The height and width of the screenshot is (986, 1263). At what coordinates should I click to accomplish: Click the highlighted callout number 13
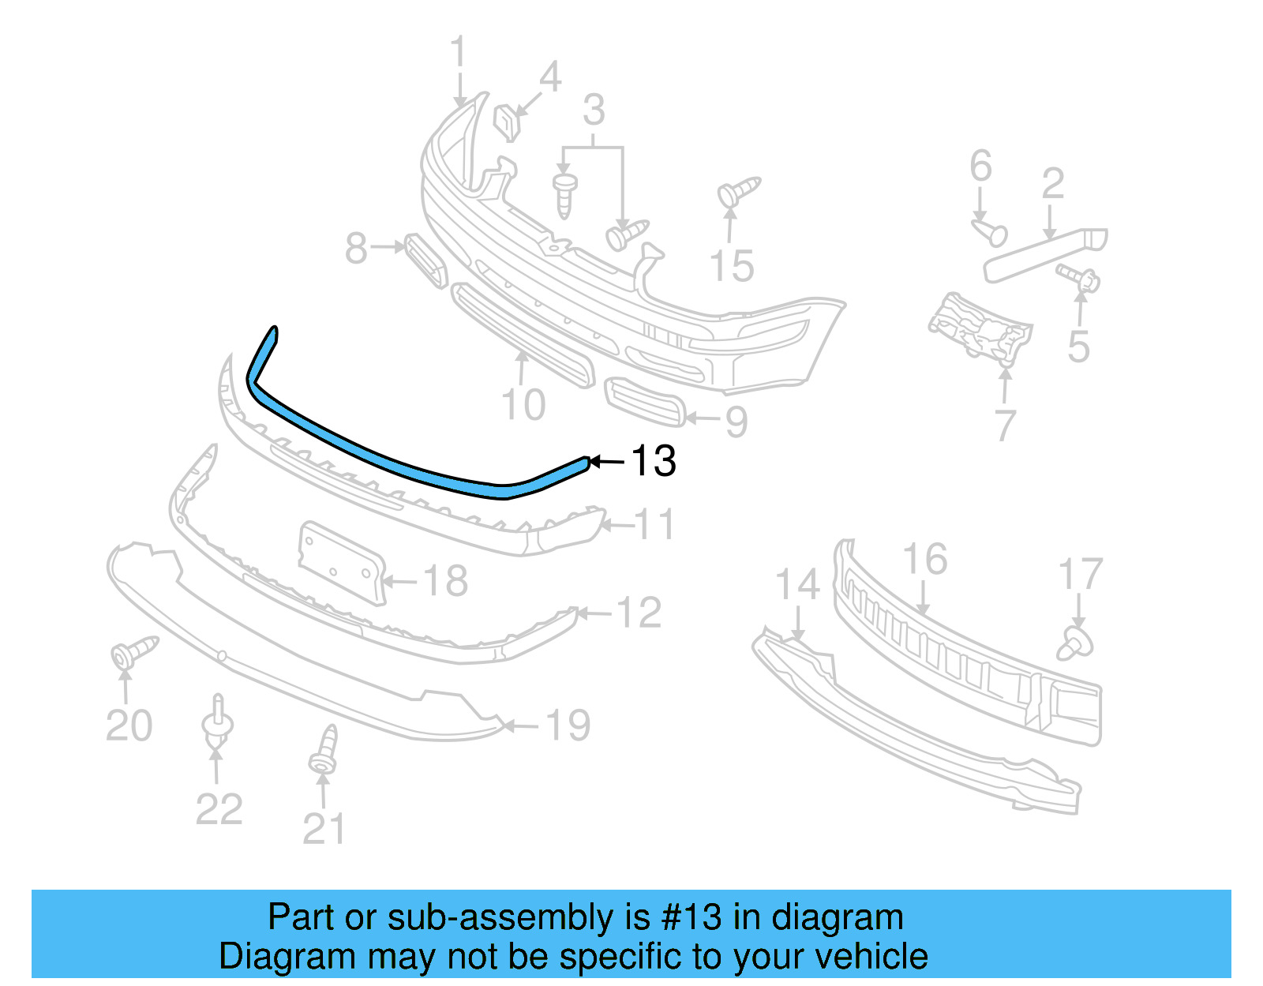tap(654, 461)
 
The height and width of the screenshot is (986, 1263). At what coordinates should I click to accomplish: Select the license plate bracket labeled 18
tap(341, 562)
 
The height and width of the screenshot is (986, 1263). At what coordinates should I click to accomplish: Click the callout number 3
tap(594, 111)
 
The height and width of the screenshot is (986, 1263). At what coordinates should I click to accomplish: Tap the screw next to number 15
tap(737, 190)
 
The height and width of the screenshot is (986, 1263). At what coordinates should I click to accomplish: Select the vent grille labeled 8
tap(425, 259)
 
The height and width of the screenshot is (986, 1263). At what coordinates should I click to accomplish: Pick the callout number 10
tap(523, 405)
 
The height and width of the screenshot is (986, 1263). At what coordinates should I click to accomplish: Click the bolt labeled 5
tap(1080, 277)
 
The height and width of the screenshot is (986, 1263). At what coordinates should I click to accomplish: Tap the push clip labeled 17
tap(1075, 643)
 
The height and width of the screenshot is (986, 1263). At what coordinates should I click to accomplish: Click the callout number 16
tap(924, 560)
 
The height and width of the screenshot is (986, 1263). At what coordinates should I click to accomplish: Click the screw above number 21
tap(324, 751)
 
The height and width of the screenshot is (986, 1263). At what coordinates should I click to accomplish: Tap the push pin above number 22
tap(218, 718)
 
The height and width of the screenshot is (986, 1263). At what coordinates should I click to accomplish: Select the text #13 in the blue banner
tap(691, 917)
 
